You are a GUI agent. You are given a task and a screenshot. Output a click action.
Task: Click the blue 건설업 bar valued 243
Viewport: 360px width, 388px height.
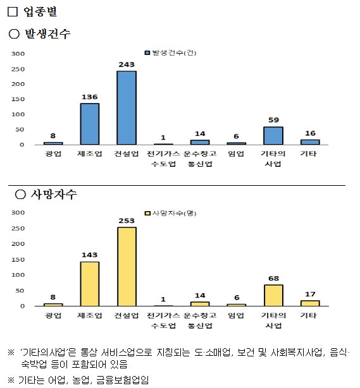126,108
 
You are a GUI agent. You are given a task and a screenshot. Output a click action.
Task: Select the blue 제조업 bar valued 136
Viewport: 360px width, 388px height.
89,124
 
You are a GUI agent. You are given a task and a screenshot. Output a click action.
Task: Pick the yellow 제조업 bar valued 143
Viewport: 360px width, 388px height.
89,284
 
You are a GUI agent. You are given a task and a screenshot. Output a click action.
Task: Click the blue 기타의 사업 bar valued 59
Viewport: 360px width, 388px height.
273,136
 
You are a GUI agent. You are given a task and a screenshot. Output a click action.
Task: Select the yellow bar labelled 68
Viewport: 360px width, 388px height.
273,296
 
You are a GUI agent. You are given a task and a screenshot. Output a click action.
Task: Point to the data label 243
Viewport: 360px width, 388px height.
126,64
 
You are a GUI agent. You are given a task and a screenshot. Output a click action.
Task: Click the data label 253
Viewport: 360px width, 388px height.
126,221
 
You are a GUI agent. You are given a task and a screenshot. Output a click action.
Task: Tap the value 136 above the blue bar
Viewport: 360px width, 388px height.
89,97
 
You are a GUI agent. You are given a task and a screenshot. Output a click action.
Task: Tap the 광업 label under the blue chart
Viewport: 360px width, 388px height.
53,154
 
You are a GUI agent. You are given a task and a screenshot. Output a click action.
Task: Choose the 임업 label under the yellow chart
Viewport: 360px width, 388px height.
236,315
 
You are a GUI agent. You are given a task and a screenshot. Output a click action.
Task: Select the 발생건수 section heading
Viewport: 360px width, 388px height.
47,33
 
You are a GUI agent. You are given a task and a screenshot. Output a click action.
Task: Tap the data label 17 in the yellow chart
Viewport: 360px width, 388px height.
309,294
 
